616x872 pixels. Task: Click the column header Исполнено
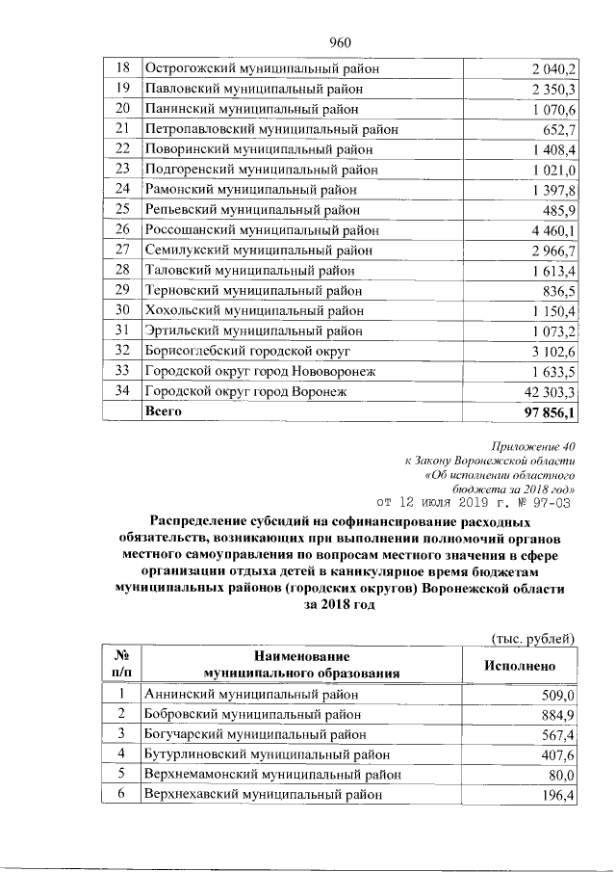coord(519,664)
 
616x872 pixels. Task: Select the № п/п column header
coord(121,664)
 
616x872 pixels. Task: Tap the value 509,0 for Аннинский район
coord(557,694)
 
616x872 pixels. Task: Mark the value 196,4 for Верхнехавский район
coord(557,795)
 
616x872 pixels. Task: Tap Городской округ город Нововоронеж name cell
coord(259,371)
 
